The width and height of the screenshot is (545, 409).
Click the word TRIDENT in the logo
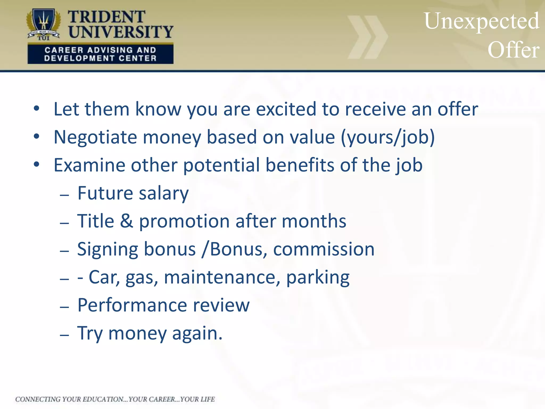click(106, 17)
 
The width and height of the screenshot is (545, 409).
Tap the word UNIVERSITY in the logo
click(121, 32)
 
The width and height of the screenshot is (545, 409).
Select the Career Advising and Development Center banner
click(100, 54)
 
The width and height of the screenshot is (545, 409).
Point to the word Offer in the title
click(513, 50)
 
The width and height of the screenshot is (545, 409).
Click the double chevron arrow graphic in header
click(368, 37)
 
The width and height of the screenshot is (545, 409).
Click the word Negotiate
click(95, 138)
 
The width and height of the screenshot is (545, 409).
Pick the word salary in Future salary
click(164, 194)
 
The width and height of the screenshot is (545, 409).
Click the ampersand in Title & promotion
click(126, 221)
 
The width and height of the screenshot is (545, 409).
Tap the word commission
click(324, 250)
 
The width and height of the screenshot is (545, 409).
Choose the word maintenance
click(222, 277)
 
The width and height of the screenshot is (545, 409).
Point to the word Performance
click(132, 305)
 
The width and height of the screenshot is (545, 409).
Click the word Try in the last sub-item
click(90, 334)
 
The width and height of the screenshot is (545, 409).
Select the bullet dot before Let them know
click(36, 108)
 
